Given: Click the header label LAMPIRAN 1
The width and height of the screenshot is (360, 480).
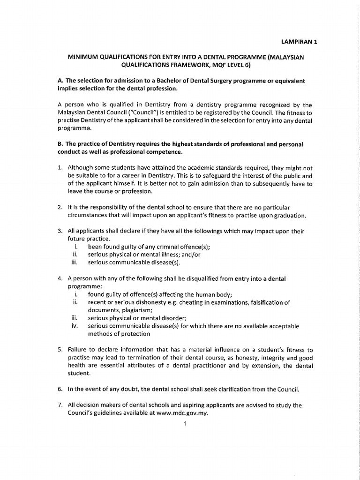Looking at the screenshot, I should [x=299, y=42].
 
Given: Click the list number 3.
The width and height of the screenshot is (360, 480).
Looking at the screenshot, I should [x=60, y=232].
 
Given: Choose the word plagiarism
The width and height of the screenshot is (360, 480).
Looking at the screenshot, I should [x=134, y=310].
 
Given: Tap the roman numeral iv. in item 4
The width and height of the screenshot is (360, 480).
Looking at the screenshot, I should [x=74, y=326].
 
